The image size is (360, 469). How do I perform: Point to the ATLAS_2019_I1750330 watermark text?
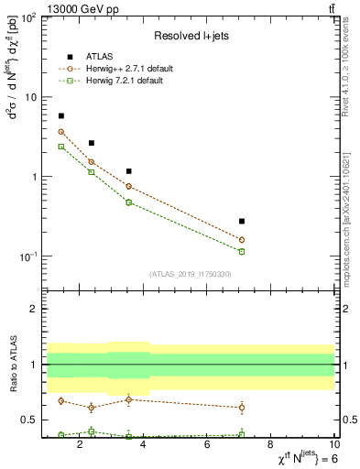(191, 274)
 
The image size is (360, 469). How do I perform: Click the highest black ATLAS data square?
(61, 116)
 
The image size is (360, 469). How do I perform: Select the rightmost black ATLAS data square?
(242, 221)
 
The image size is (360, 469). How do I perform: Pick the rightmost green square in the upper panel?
(242, 251)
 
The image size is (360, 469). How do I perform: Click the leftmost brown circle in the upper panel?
(61, 132)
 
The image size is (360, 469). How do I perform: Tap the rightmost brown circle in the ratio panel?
(242, 407)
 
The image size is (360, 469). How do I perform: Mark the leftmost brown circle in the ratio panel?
(61, 400)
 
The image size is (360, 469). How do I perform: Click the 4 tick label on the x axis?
(145, 446)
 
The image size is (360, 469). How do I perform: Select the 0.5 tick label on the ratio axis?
(29, 420)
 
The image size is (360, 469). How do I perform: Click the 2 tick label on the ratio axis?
(34, 309)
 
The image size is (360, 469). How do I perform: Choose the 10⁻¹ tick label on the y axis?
(27, 256)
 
